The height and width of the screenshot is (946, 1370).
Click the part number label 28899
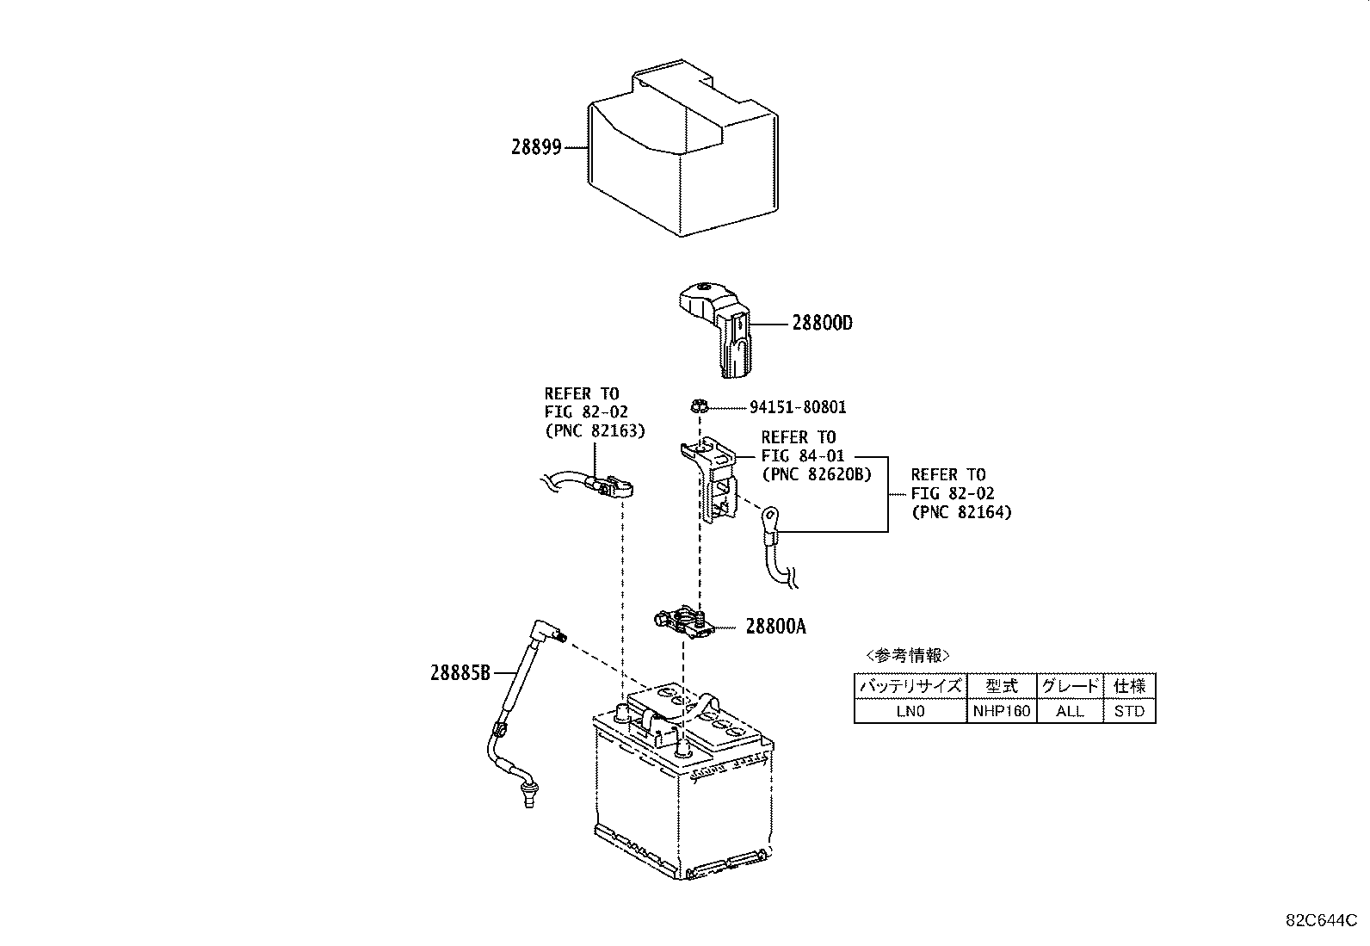(x=536, y=147)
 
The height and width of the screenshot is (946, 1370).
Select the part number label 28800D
(x=822, y=323)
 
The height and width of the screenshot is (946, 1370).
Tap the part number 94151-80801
(x=798, y=407)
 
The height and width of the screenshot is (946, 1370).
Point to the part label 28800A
(x=775, y=627)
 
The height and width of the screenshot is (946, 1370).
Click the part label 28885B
(x=460, y=673)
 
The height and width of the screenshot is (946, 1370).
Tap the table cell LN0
(x=910, y=711)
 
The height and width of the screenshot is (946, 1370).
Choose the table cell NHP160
(x=1002, y=711)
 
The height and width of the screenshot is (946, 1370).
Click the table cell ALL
(x=1070, y=711)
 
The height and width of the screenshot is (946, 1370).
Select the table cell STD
(x=1129, y=711)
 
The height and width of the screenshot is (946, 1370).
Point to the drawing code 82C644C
(x=1321, y=920)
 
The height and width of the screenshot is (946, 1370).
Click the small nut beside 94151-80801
(x=700, y=405)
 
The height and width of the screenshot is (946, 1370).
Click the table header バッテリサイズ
(x=910, y=686)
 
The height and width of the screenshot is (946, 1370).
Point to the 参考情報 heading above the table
(x=908, y=655)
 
